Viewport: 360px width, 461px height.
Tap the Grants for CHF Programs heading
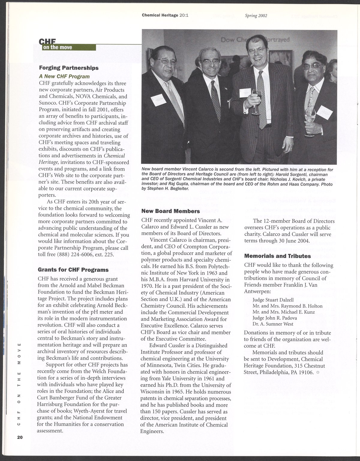73,269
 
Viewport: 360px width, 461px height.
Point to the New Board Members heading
170,211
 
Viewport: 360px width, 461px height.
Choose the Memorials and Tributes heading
277,256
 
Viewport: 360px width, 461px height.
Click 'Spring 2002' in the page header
256,16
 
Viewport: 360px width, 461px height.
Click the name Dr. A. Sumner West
273,324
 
